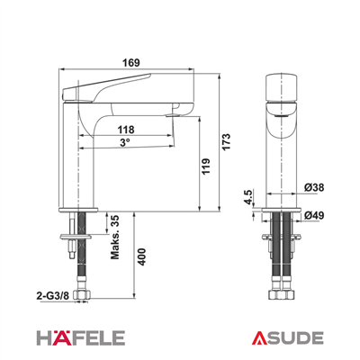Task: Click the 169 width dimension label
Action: pyautogui.click(x=131, y=63)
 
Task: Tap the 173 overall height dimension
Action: pyautogui.click(x=226, y=142)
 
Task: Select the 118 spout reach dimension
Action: pyautogui.click(x=126, y=130)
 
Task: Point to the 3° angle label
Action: pyautogui.click(x=125, y=142)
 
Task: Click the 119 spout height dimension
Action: pyautogui.click(x=205, y=166)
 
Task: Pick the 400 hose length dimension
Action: pyautogui.click(x=141, y=256)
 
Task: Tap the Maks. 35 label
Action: pyautogui.click(x=115, y=237)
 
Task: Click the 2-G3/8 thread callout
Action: pyautogui.click(x=53, y=296)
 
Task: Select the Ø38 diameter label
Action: pyautogui.click(x=314, y=187)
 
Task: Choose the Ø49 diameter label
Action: pyautogui.click(x=314, y=215)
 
